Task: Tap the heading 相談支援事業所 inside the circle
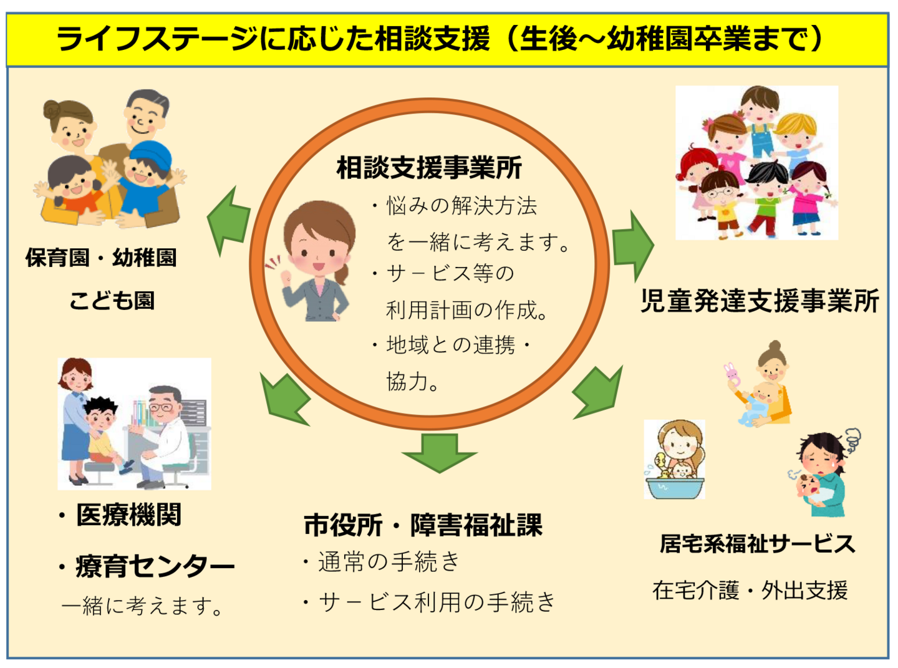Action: click(x=429, y=168)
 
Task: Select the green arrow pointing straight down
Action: click(x=440, y=452)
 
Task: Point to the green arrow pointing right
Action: click(x=632, y=246)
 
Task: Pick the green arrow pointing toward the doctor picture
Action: click(x=284, y=400)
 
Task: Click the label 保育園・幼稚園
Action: click(x=101, y=258)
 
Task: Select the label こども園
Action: click(x=112, y=301)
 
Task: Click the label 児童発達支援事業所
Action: click(x=760, y=301)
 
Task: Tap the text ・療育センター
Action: click(x=146, y=566)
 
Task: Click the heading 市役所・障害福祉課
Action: click(x=423, y=525)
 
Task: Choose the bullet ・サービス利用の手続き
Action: click(x=429, y=602)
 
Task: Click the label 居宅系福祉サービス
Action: click(x=757, y=544)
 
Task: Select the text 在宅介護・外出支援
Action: click(x=750, y=590)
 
